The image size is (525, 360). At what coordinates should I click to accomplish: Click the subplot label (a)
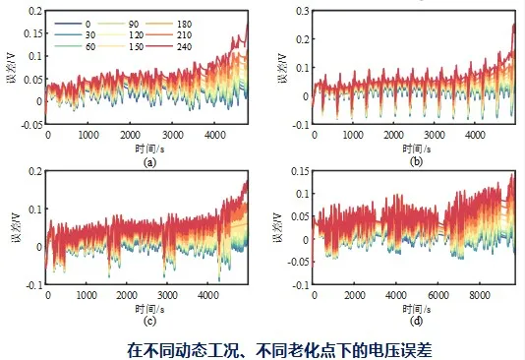pyautogui.click(x=149, y=162)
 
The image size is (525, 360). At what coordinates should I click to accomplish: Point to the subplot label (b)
pyautogui.click(x=416, y=161)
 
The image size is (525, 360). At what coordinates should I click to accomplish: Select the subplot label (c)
pyautogui.click(x=149, y=321)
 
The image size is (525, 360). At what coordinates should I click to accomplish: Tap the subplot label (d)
pyautogui.click(x=416, y=321)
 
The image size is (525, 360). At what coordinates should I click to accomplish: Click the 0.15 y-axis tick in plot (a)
pyautogui.click(x=33, y=33)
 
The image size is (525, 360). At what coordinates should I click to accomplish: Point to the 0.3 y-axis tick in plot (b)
pyautogui.click(x=303, y=11)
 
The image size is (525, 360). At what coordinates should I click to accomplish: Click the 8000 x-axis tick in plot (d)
pyautogui.click(x=479, y=295)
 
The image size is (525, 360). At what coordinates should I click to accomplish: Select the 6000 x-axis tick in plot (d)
pyautogui.click(x=437, y=295)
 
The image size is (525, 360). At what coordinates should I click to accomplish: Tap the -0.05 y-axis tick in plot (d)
pyautogui.click(x=299, y=262)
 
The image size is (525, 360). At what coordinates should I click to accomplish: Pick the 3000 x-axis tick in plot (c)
pyautogui.click(x=167, y=295)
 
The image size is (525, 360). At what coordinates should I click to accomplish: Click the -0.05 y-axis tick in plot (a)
pyautogui.click(x=32, y=125)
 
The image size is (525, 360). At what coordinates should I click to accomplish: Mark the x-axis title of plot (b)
pyautogui.click(x=417, y=149)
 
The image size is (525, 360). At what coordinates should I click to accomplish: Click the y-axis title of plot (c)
pyautogui.click(x=17, y=227)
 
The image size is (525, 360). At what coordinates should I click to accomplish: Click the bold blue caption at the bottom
pyautogui.click(x=279, y=349)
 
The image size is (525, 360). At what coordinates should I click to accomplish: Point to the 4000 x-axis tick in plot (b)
pyautogui.click(x=475, y=135)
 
